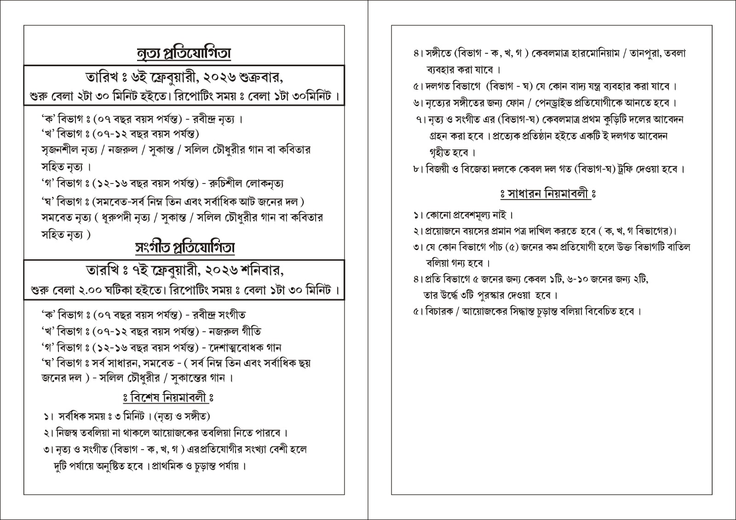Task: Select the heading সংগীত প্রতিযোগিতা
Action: (184, 248)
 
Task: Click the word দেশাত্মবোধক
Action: (234, 348)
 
